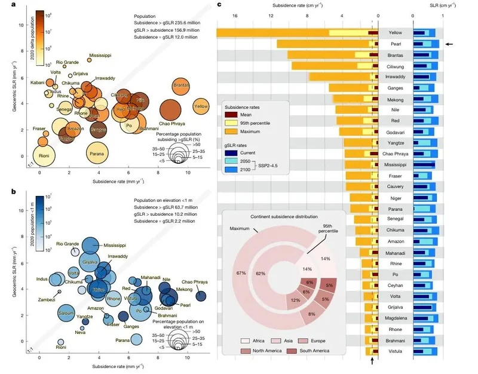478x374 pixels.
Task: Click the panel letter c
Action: point(219,5)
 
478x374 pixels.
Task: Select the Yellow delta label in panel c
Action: point(396,32)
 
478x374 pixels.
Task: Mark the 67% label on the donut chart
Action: point(241,273)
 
